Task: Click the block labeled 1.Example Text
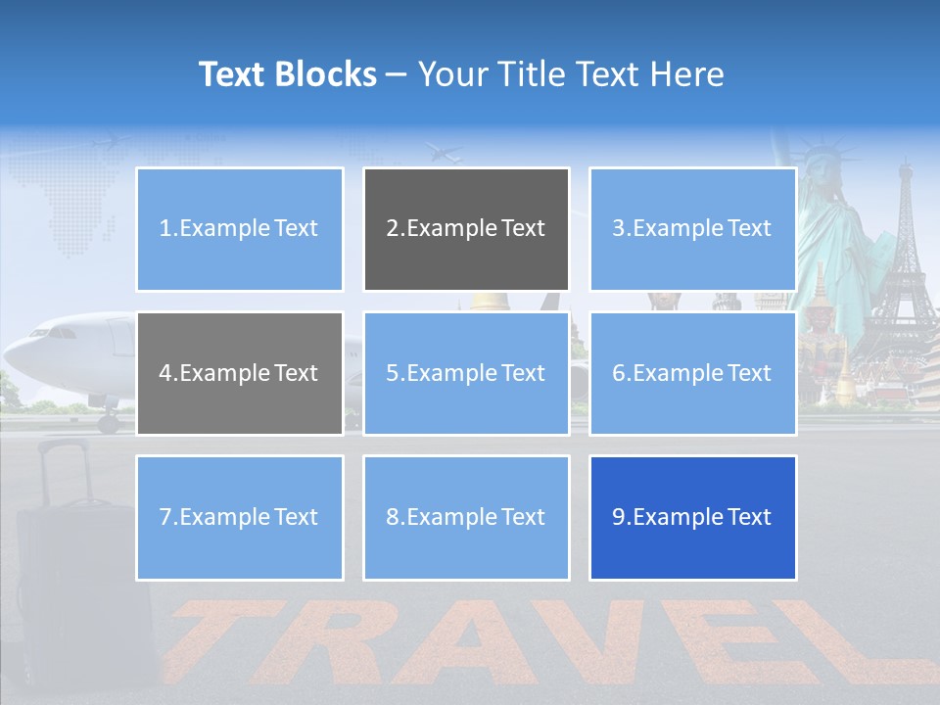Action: pyautogui.click(x=239, y=229)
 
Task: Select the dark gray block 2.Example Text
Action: pyautogui.click(x=466, y=229)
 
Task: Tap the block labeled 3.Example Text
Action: pyautogui.click(x=692, y=229)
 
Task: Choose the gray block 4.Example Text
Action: pyautogui.click(x=239, y=373)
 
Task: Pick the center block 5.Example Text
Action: pyautogui.click(x=466, y=373)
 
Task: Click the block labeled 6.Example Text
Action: pyautogui.click(x=692, y=373)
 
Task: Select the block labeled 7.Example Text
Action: pyautogui.click(x=239, y=517)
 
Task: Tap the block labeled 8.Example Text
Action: pyautogui.click(x=466, y=517)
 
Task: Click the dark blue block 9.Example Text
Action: pyautogui.click(x=692, y=517)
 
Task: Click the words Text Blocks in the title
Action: pyautogui.click(x=287, y=74)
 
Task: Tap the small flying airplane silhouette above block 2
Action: pyautogui.click(x=446, y=153)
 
